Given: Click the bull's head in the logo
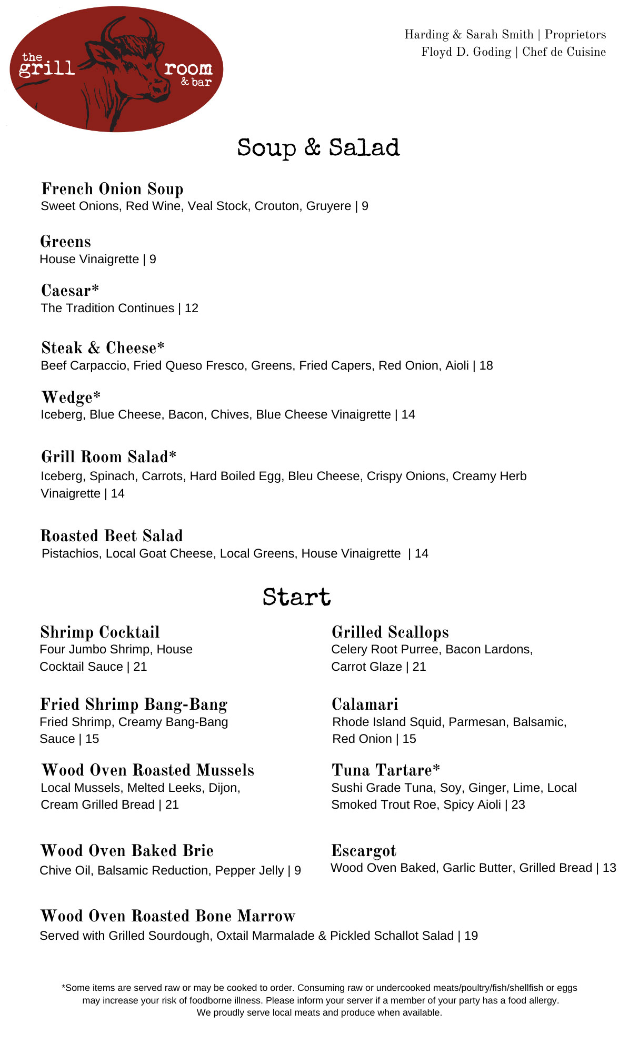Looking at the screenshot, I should click(132, 63).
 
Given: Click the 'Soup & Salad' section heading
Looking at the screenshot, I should click(318, 148).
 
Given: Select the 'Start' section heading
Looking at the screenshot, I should click(297, 597).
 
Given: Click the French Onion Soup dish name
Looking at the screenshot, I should click(112, 188).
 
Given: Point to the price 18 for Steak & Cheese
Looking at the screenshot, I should click(486, 365).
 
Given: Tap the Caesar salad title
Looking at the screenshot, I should click(70, 290).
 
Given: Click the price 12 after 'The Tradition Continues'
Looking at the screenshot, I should click(192, 308).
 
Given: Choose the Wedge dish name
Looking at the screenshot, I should click(71, 397).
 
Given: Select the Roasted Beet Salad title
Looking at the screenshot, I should click(112, 535).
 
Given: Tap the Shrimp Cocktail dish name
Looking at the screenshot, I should click(100, 632).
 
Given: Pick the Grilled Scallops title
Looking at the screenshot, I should click(390, 632).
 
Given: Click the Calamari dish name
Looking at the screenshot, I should click(365, 704).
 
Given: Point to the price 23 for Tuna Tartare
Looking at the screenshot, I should click(518, 804).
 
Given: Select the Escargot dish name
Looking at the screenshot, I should click(364, 850).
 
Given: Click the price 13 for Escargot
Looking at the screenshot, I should click(609, 868).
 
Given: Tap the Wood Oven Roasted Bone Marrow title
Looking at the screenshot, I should click(167, 916).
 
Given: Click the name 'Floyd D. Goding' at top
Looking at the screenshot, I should click(466, 52).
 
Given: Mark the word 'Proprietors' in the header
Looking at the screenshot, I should click(575, 34).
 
